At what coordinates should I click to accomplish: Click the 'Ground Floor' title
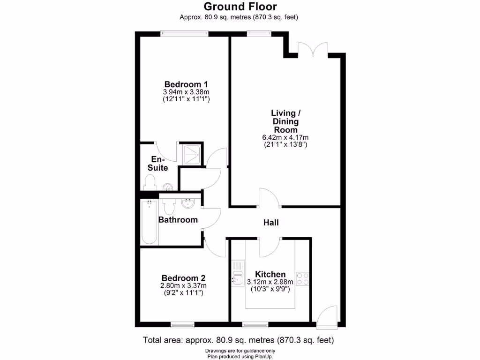[x=240, y=7]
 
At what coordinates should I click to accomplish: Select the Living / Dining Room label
[x=285, y=121]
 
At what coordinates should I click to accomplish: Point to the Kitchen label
[x=270, y=274]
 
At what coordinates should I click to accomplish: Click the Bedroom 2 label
[x=183, y=277]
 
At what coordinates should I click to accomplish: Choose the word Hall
[x=271, y=223]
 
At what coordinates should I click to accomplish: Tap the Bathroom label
[x=178, y=219]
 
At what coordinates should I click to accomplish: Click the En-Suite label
[x=158, y=163]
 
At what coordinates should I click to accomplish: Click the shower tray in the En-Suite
[x=192, y=153]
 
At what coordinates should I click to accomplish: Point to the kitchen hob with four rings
[x=302, y=278]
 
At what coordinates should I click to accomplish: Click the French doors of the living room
[x=313, y=49]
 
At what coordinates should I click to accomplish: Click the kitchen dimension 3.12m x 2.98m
[x=270, y=282]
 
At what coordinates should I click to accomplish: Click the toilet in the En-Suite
[x=150, y=181]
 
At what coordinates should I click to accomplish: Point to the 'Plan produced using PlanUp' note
[x=240, y=356]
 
